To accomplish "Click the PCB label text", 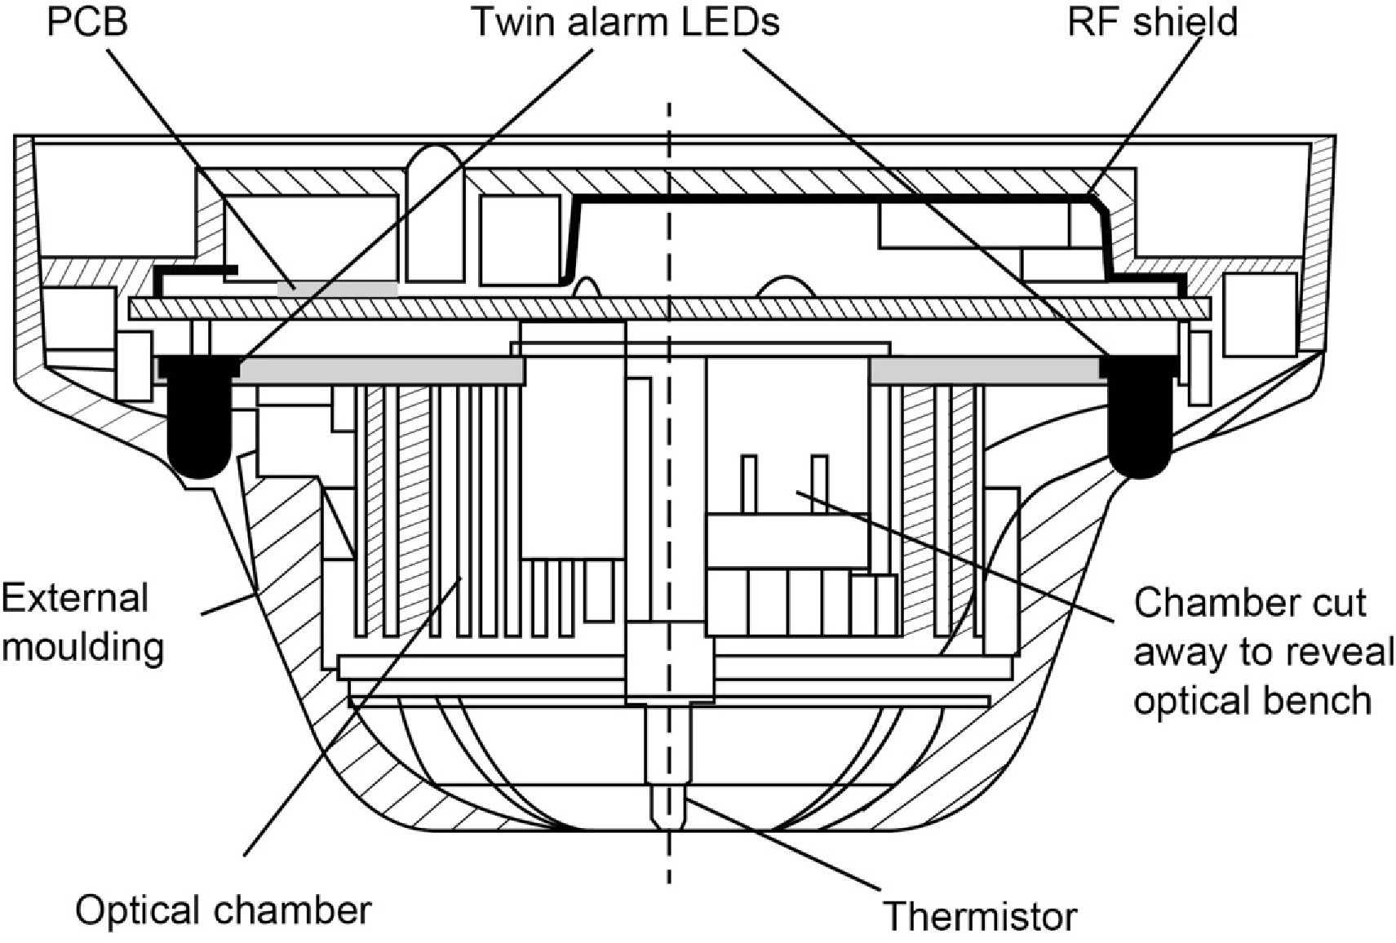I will pyautogui.click(x=87, y=22).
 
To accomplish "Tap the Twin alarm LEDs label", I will pyautogui.click(x=626, y=22).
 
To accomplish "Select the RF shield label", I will pyautogui.click(x=1152, y=22).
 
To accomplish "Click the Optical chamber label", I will pyautogui.click(x=223, y=910).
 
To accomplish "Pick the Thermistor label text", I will pyautogui.click(x=980, y=916).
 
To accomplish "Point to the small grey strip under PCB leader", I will pyautogui.click(x=338, y=288).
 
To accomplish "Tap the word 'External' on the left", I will pyautogui.click(x=75, y=598).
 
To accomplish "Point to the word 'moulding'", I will pyautogui.click(x=89, y=647).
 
